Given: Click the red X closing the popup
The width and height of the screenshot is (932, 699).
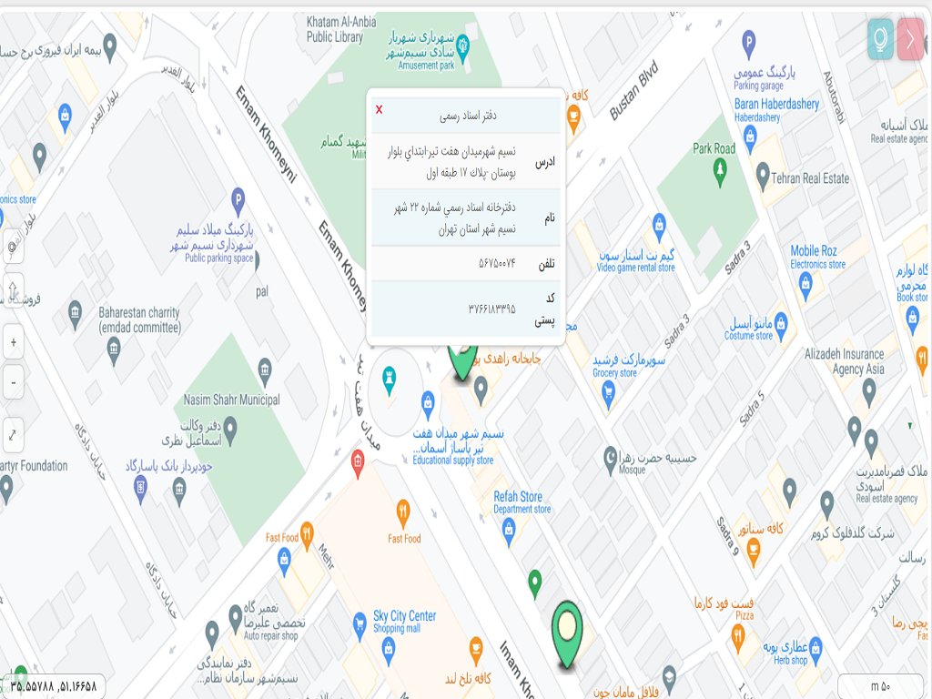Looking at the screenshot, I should (x=380, y=110).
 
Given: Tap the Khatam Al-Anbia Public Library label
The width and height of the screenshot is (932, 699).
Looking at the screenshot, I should (x=334, y=31).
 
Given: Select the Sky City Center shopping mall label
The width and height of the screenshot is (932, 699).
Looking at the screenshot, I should (x=404, y=622).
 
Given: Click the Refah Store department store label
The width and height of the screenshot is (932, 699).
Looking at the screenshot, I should (x=518, y=502).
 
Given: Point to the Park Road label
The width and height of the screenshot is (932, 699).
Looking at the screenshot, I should (x=714, y=148).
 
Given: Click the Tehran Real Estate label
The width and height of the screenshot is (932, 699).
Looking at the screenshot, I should (x=810, y=178).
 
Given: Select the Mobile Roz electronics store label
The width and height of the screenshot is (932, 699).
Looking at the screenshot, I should (x=814, y=257).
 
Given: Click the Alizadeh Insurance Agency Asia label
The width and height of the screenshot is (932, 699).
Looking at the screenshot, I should (x=844, y=361).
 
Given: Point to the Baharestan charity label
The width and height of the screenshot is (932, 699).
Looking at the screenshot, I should (x=139, y=319).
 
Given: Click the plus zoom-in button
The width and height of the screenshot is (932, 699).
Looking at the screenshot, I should (x=14, y=343).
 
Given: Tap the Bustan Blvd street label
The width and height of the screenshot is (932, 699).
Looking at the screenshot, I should (x=633, y=91).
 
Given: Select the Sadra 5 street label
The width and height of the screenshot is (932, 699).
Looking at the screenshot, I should (x=751, y=407).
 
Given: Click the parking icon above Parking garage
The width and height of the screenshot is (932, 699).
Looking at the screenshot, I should (x=748, y=41).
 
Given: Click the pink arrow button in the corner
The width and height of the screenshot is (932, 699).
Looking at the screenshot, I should (x=911, y=39).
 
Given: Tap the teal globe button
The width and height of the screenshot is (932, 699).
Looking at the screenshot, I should (x=880, y=39).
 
